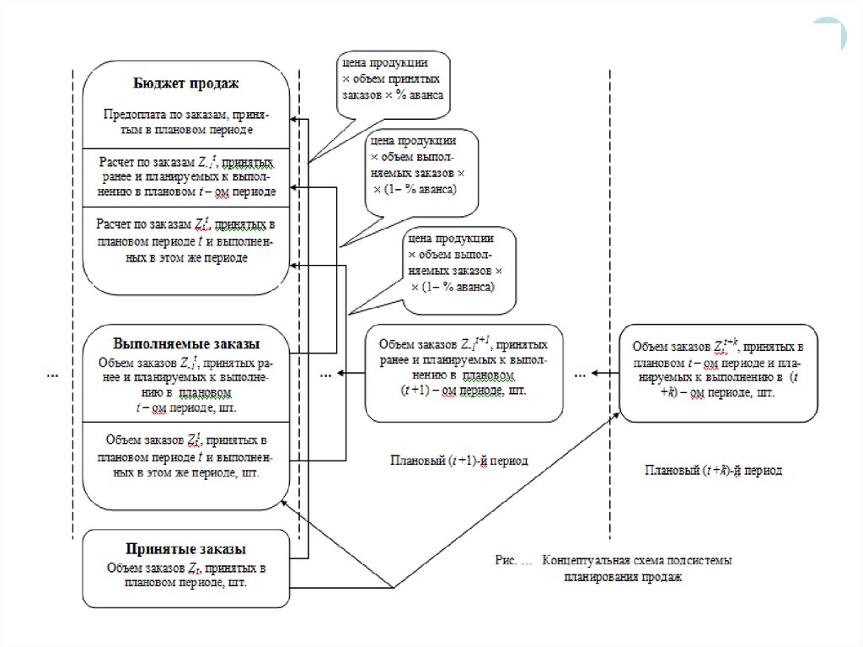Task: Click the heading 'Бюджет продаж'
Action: click(x=186, y=84)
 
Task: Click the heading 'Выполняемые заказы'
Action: click(x=185, y=344)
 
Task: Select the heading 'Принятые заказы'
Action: click(x=186, y=547)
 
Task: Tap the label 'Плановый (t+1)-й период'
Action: click(x=458, y=461)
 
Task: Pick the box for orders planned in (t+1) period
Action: click(x=463, y=371)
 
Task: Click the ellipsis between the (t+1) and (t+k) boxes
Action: click(x=581, y=372)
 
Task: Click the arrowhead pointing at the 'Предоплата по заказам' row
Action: click(x=292, y=121)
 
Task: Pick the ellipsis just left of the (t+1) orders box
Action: click(x=327, y=372)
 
